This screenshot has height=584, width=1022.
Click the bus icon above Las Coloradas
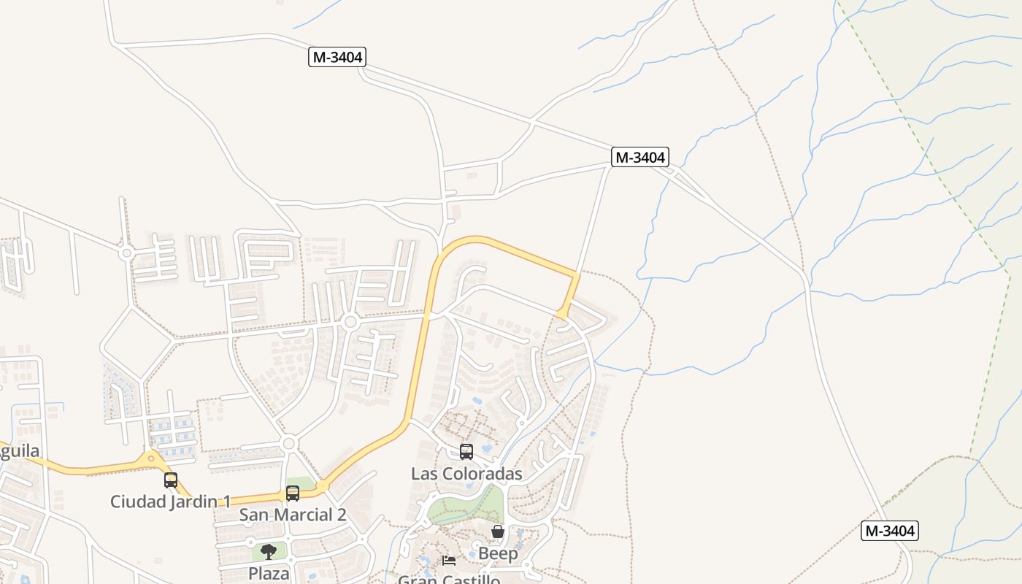pyautogui.click(x=466, y=452)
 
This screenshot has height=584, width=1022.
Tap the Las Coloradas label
pyautogui.click(x=466, y=474)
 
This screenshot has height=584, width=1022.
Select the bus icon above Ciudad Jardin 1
pyautogui.click(x=171, y=480)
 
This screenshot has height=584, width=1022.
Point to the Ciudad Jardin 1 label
pyautogui.click(x=170, y=502)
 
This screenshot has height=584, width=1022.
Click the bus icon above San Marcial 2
pyautogui.click(x=293, y=493)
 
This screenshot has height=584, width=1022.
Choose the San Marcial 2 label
pyautogui.click(x=293, y=515)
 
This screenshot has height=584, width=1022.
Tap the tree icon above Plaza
pyautogui.click(x=269, y=551)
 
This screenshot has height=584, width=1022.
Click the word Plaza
pyautogui.click(x=269, y=573)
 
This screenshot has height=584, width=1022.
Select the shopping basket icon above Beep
pyautogui.click(x=498, y=531)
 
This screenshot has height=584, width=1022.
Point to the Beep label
pyautogui.click(x=498, y=553)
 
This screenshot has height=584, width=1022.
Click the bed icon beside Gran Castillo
pyautogui.click(x=450, y=561)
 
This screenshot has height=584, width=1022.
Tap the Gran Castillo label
pyautogui.click(x=449, y=580)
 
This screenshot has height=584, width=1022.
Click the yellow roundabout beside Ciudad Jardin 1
pyautogui.click(x=151, y=458)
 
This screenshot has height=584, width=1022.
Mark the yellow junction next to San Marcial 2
pyautogui.click(x=322, y=485)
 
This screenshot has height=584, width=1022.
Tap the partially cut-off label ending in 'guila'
pyautogui.click(x=19, y=450)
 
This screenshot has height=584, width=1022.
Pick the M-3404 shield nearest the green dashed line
pyautogui.click(x=889, y=531)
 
